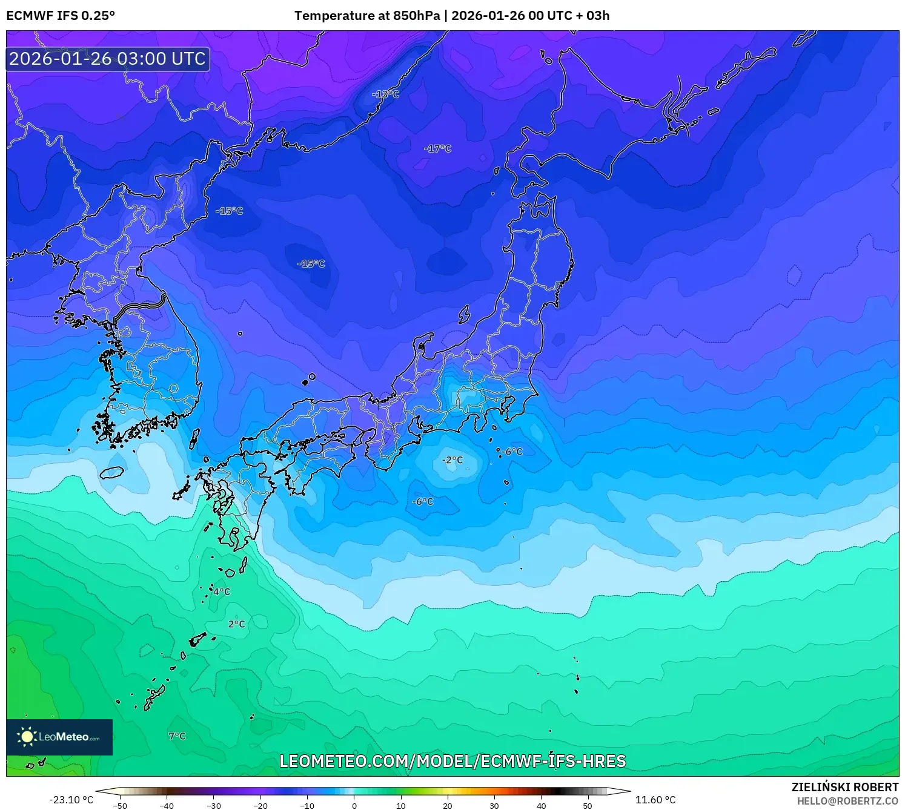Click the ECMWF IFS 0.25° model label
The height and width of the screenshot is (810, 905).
click(x=61, y=16)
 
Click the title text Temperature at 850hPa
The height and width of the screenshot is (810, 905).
click(x=367, y=16)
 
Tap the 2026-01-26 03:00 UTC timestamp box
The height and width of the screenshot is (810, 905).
click(x=108, y=59)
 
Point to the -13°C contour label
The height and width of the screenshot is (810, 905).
click(x=386, y=94)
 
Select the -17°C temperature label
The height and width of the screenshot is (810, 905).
click(x=438, y=148)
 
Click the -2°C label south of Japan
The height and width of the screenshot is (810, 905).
click(x=452, y=460)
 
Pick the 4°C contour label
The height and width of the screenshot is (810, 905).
click(x=222, y=591)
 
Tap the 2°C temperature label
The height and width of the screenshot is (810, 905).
click(x=237, y=624)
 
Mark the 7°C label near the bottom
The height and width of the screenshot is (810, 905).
click(x=177, y=736)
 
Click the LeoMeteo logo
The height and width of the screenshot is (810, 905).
click(x=59, y=737)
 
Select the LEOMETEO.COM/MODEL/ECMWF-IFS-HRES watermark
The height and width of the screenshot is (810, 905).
click(x=452, y=761)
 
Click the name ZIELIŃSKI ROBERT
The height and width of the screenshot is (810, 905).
click(x=845, y=787)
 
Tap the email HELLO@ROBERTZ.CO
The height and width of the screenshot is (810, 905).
click(x=847, y=801)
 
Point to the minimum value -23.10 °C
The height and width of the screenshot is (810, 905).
click(x=71, y=800)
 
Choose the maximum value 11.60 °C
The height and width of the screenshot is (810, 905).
click(x=655, y=800)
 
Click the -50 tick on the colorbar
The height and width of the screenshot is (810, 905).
click(x=120, y=806)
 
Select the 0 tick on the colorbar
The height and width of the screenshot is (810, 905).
click(x=354, y=806)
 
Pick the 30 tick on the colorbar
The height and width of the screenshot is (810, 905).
click(x=494, y=806)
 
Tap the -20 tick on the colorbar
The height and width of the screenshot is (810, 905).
click(x=260, y=806)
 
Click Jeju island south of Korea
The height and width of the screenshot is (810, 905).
click(x=112, y=472)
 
